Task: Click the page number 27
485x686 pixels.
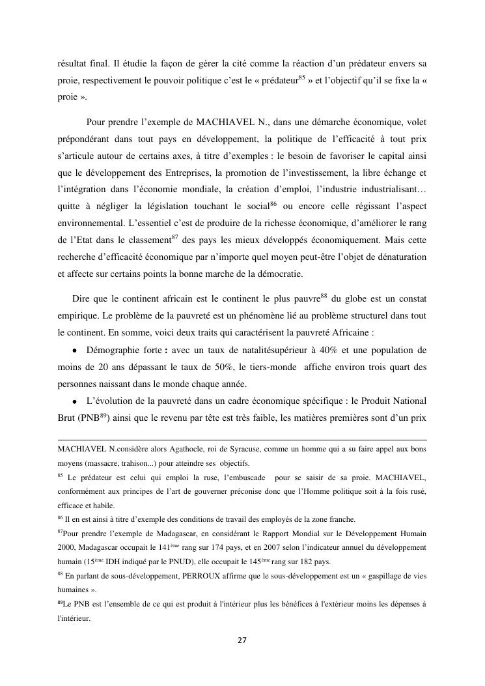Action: [242, 640]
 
